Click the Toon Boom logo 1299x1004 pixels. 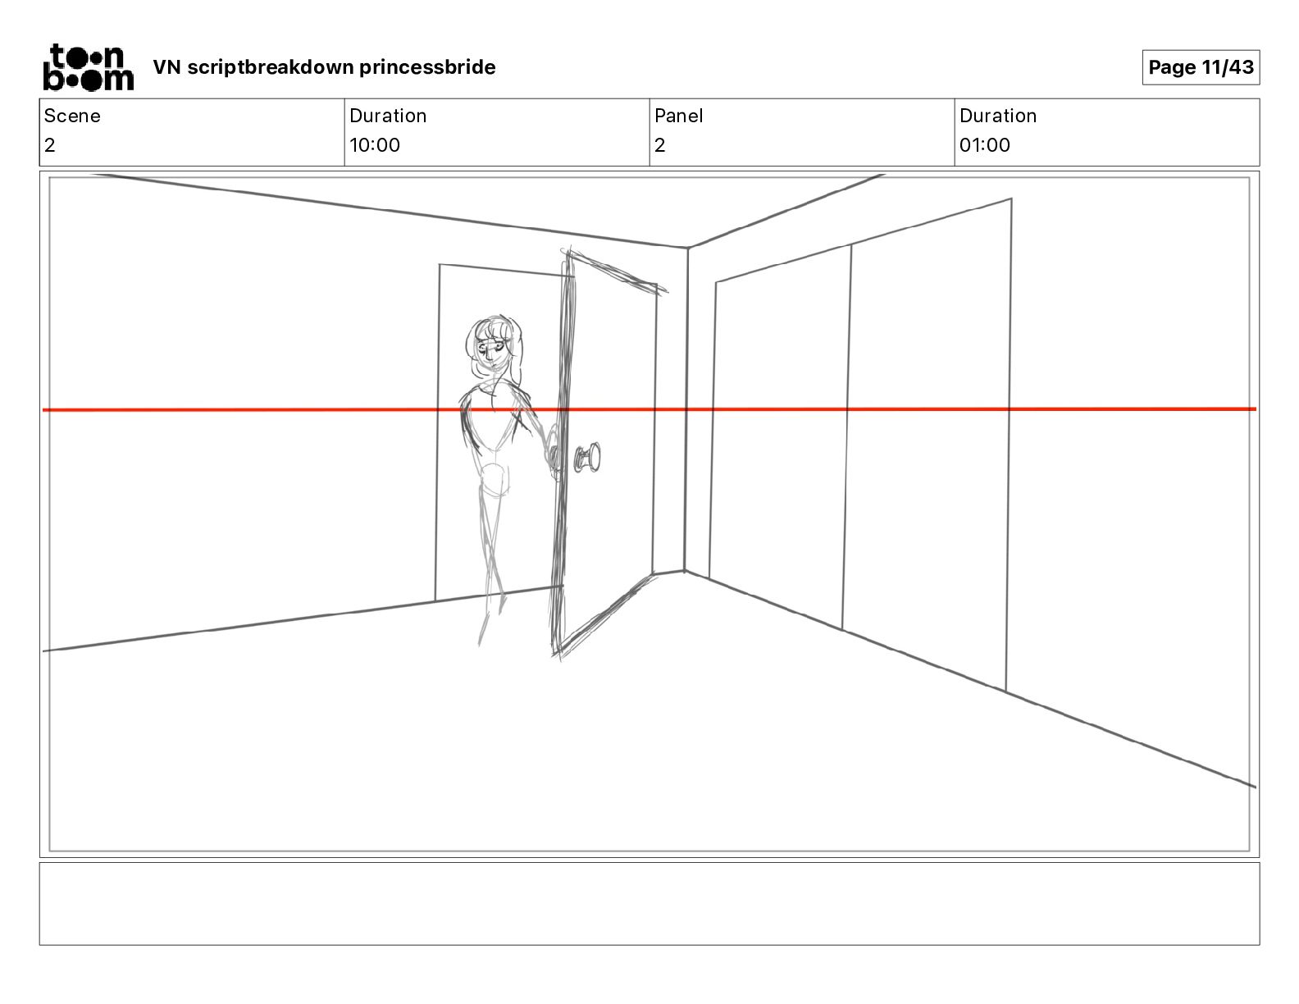click(x=89, y=67)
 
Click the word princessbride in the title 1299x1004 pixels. click(x=426, y=67)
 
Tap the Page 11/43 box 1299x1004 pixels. click(x=1201, y=67)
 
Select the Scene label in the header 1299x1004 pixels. click(x=72, y=116)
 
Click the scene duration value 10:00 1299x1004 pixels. click(x=375, y=144)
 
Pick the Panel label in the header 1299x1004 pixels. click(x=678, y=116)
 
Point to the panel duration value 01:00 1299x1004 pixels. click(x=985, y=144)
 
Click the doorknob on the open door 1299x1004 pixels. click(x=587, y=458)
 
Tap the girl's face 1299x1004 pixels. click(x=492, y=349)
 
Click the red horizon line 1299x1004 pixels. click(x=649, y=409)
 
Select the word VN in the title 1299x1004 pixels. click(x=166, y=67)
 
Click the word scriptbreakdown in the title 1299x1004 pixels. click(x=270, y=67)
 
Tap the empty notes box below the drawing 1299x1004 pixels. click(x=649, y=904)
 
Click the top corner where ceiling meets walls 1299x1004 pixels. click(x=687, y=247)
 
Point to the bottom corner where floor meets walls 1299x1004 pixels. click(x=685, y=571)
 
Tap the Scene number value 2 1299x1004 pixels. click(x=50, y=144)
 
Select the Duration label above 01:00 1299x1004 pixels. click(x=998, y=116)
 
